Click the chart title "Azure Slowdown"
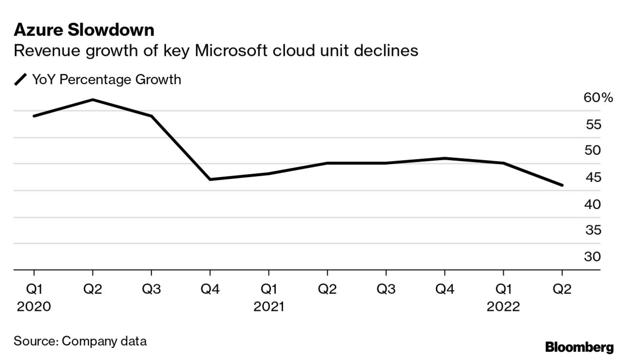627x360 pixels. click(x=84, y=31)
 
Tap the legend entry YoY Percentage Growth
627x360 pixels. click(x=106, y=79)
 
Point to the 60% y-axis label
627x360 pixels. click(x=598, y=98)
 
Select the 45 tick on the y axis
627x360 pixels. click(x=592, y=178)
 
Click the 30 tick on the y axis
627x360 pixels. click(x=592, y=256)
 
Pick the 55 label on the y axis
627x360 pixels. click(x=592, y=125)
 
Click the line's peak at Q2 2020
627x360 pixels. click(x=92, y=100)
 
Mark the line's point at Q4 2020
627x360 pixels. click(x=210, y=180)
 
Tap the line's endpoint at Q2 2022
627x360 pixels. click(x=562, y=185)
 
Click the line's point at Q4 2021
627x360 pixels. click(x=445, y=158)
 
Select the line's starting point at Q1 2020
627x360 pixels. click(x=34, y=116)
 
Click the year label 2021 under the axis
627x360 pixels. click(x=269, y=307)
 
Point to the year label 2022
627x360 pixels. click(x=503, y=307)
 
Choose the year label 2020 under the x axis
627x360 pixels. click(x=34, y=307)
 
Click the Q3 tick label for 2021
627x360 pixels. click(x=386, y=289)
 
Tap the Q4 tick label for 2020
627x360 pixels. click(x=210, y=289)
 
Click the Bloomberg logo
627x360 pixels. click(x=579, y=347)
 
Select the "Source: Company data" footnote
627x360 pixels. click(x=80, y=341)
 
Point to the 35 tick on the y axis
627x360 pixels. click(x=592, y=230)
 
